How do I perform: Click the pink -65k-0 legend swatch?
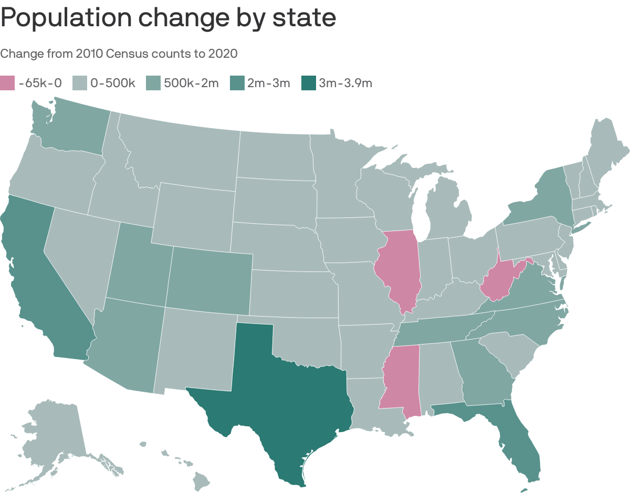coord(8,83)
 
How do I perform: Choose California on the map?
coord(37,278)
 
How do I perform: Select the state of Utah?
coord(139,268)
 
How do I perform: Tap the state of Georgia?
coord(483,373)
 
